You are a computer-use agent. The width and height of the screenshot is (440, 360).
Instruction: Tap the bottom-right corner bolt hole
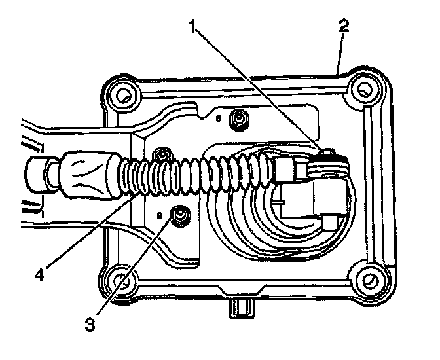click(x=368, y=279)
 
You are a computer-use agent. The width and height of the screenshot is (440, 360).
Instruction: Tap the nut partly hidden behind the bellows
click(x=159, y=156)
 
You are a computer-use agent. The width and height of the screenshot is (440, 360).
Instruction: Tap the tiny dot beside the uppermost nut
click(x=219, y=120)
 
